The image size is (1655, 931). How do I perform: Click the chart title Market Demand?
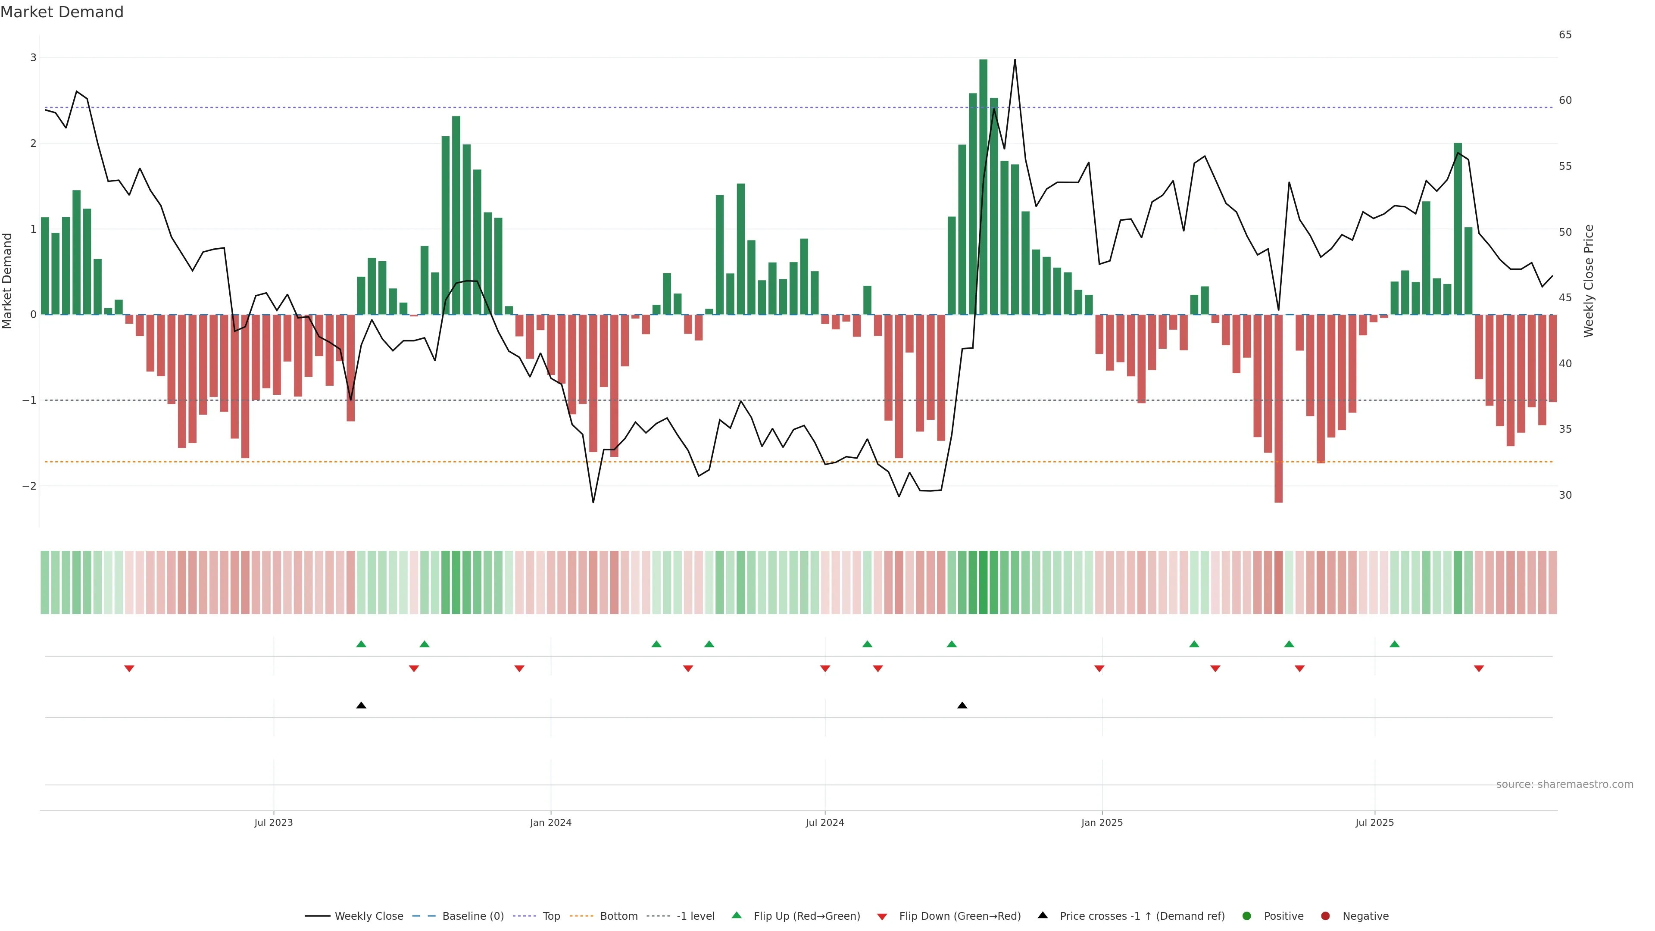click(62, 12)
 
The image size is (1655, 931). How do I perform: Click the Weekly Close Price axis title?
click(1589, 281)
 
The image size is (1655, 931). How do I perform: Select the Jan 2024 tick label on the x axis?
click(551, 822)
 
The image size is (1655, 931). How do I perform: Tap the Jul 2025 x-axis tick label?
click(1374, 822)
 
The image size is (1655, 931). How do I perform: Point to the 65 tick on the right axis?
click(1565, 34)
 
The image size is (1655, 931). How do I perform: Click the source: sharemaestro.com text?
click(1564, 784)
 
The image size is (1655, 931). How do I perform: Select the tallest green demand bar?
click(983, 186)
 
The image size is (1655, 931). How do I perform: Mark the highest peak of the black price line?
click(1015, 60)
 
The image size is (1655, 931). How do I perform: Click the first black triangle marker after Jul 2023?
click(361, 706)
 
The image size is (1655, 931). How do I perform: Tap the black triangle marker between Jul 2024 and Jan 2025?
click(962, 706)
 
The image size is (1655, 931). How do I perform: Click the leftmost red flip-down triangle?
click(129, 669)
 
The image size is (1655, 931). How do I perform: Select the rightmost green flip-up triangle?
click(1394, 644)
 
